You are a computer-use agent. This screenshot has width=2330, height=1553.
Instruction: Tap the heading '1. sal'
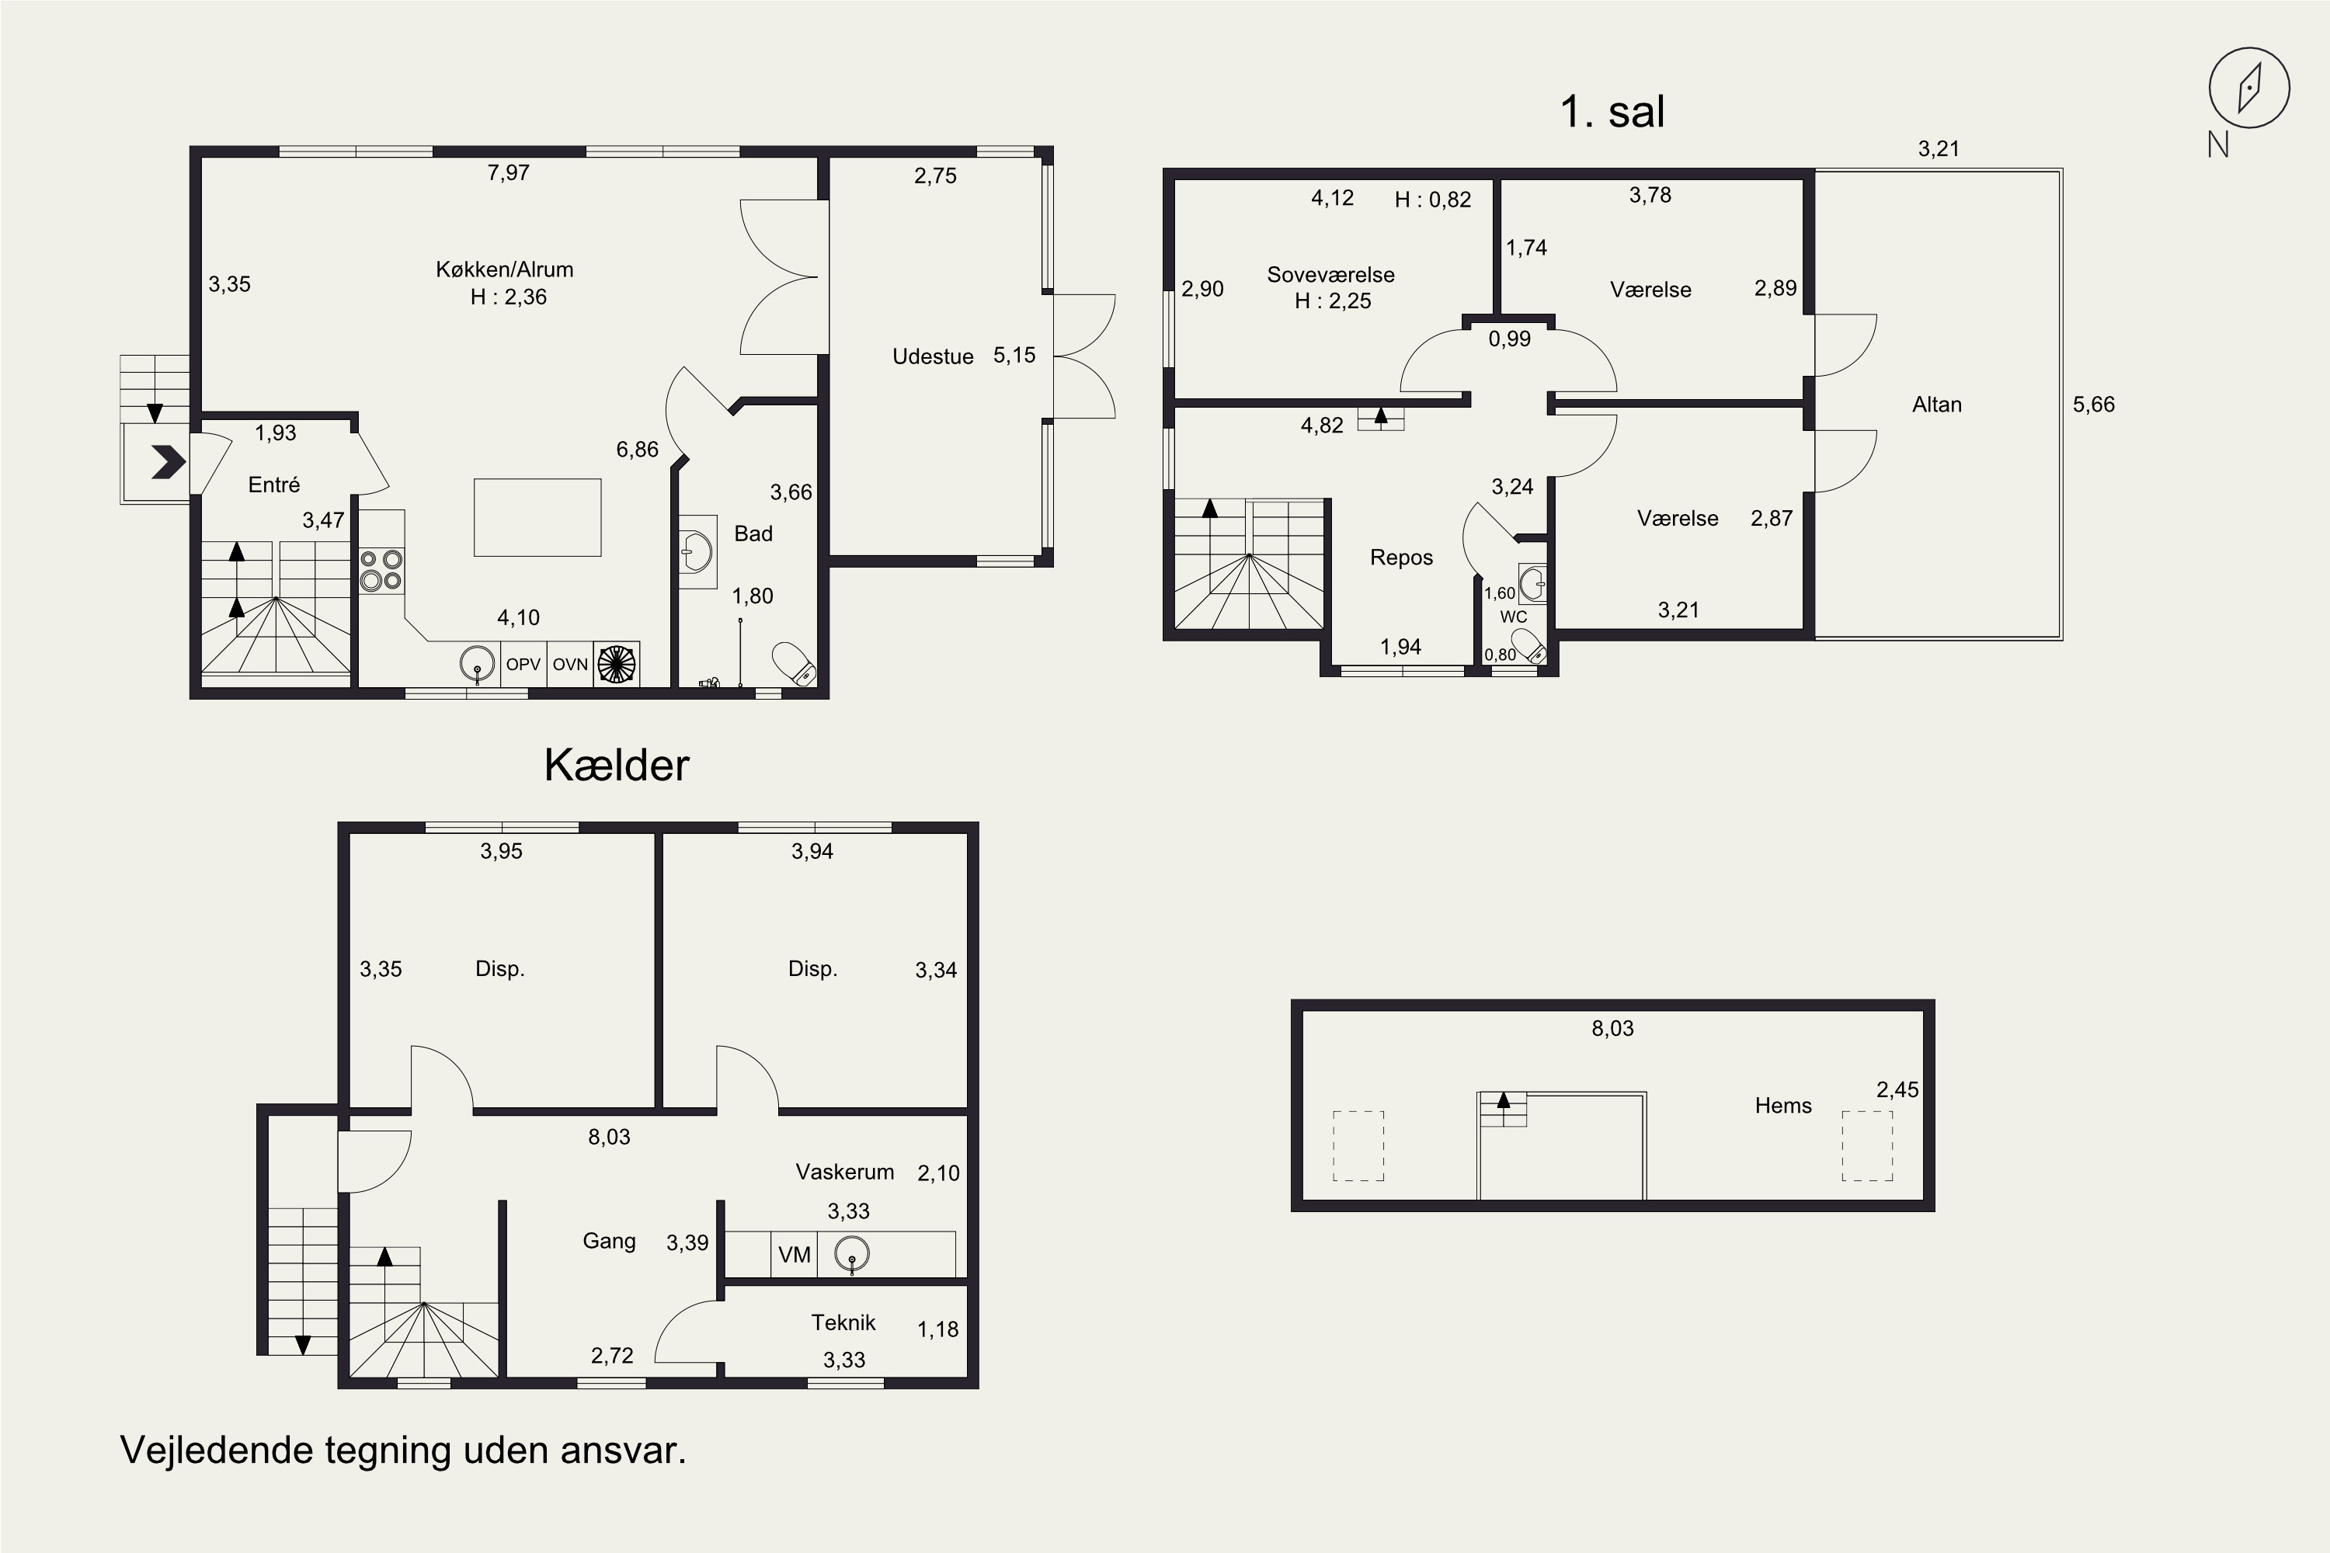coord(1612,111)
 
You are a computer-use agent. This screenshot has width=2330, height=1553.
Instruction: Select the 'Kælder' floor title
coord(616,766)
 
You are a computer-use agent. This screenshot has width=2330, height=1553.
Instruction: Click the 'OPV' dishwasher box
coord(523,665)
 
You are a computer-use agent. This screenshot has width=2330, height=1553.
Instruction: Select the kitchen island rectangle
coord(537,517)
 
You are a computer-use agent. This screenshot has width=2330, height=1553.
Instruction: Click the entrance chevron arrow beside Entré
coord(168,461)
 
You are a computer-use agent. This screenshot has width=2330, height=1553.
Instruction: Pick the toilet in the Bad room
coord(794,664)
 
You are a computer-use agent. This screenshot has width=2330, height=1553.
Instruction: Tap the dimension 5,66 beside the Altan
coord(2093,404)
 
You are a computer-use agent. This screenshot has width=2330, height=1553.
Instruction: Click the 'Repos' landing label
coord(1401,558)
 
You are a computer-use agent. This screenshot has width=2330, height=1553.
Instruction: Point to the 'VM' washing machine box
coord(795,1255)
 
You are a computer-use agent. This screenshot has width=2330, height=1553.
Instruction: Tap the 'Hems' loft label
coord(1783,1105)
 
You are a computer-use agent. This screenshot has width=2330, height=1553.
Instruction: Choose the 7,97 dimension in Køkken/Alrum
coord(508,173)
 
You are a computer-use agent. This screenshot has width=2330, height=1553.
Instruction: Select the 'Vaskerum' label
coord(844,1172)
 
